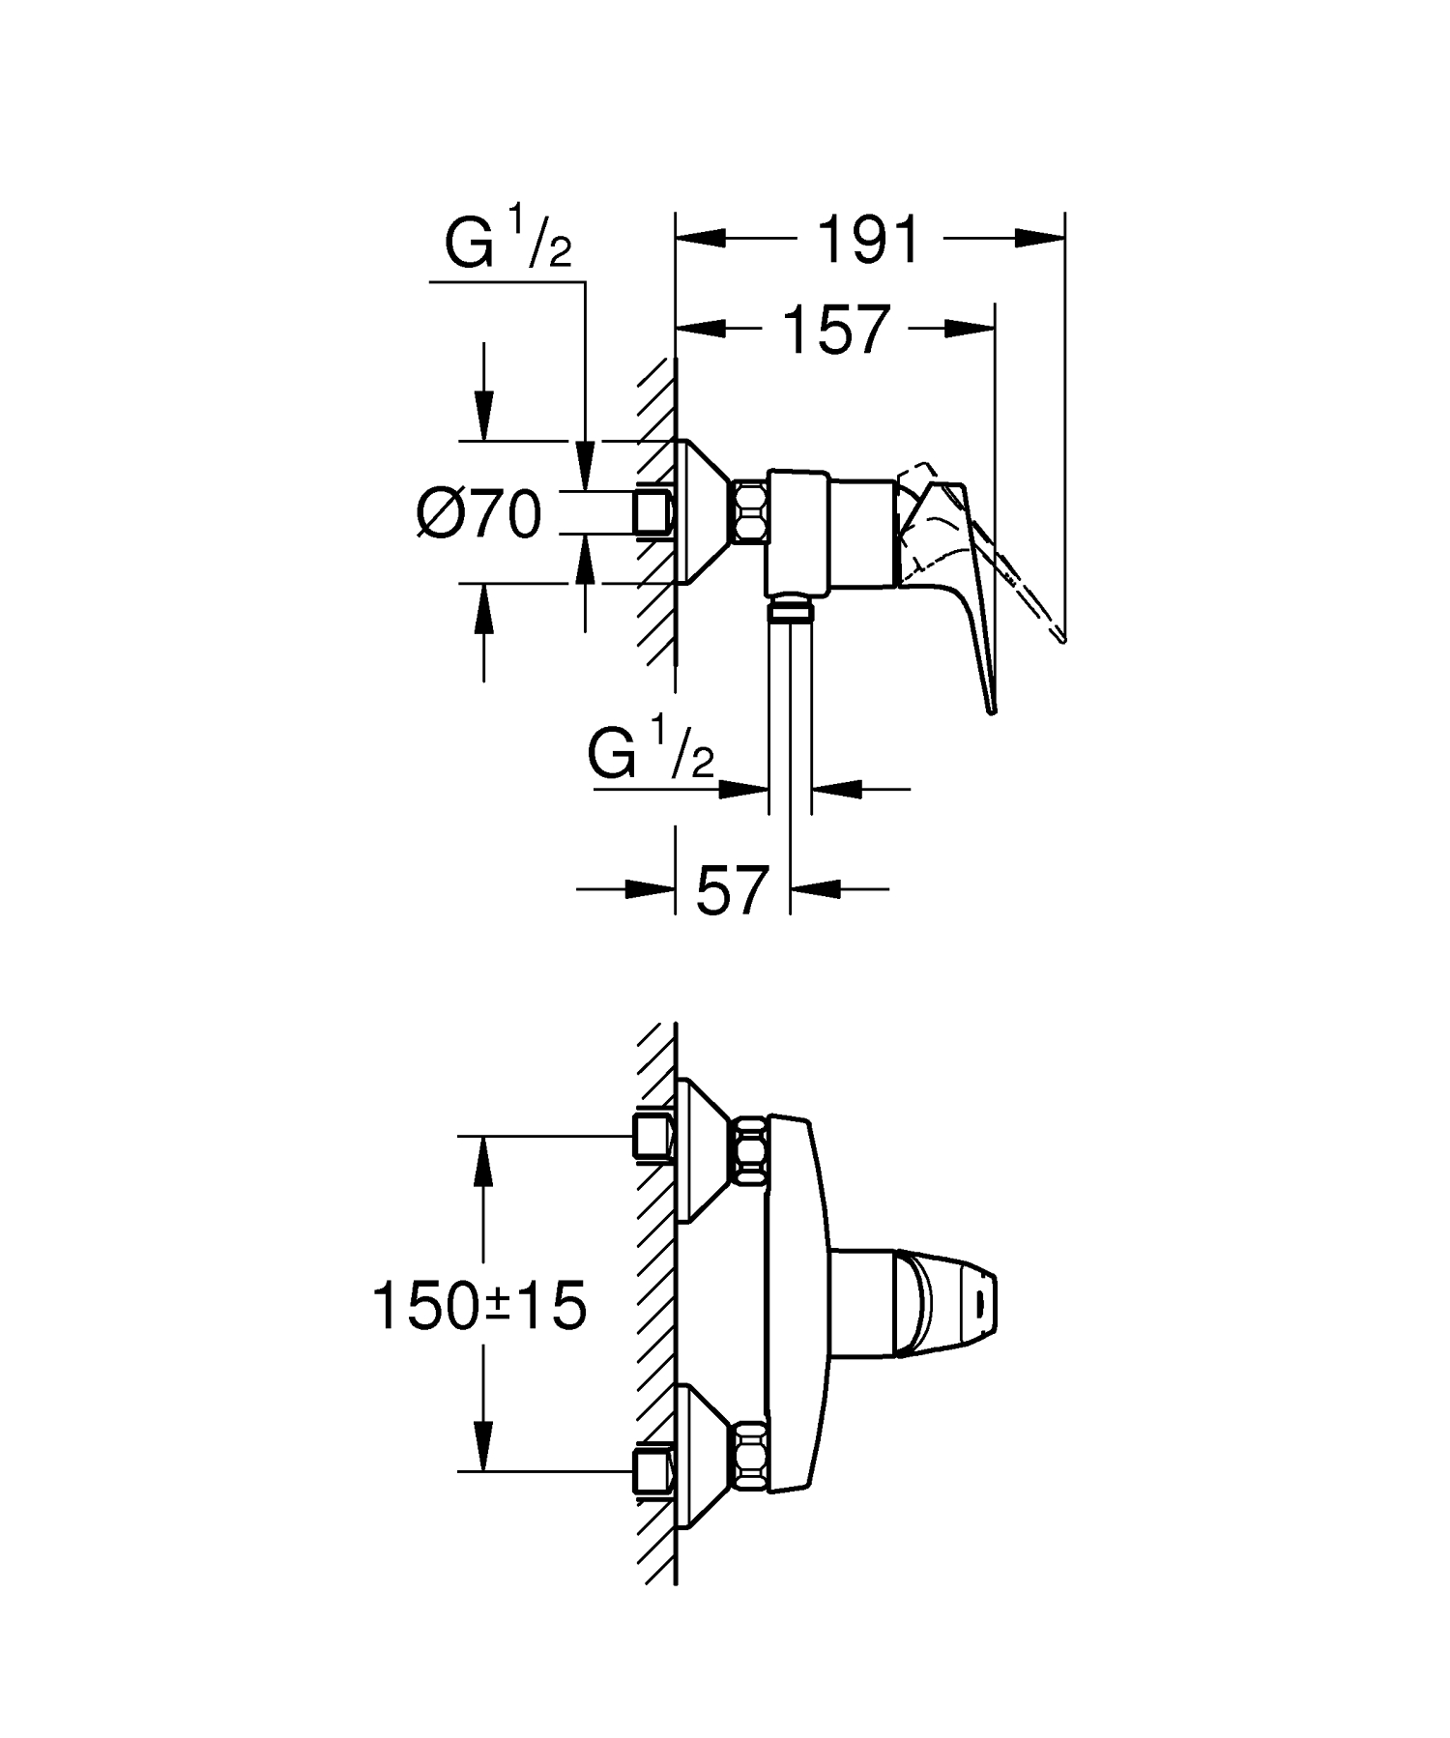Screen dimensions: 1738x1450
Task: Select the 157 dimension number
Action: click(834, 331)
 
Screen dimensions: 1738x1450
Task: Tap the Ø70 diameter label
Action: click(478, 513)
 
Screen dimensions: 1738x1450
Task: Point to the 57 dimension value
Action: click(732, 890)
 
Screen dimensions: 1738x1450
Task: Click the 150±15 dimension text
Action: click(479, 1306)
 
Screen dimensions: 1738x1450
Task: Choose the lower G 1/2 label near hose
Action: click(650, 754)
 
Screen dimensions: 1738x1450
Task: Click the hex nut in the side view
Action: click(750, 512)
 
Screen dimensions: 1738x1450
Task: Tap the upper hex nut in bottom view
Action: click(751, 1147)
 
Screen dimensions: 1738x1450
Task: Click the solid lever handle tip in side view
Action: click(991, 707)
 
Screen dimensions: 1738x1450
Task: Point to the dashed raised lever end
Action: click(1058, 633)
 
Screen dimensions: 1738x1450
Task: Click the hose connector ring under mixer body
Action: click(790, 610)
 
